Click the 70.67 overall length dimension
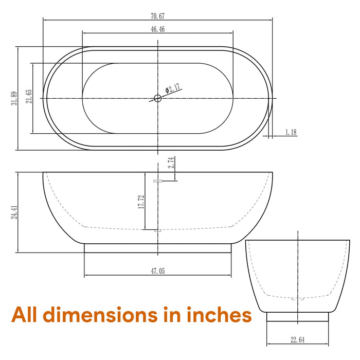click(158, 16)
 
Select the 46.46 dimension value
click(158, 29)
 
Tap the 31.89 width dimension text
click(14, 98)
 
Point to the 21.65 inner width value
click(29, 96)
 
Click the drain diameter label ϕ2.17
click(173, 88)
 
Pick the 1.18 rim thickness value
click(291, 132)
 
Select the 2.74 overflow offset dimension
click(171, 163)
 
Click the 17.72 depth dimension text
click(141, 202)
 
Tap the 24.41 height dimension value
click(14, 212)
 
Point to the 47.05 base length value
click(158, 271)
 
